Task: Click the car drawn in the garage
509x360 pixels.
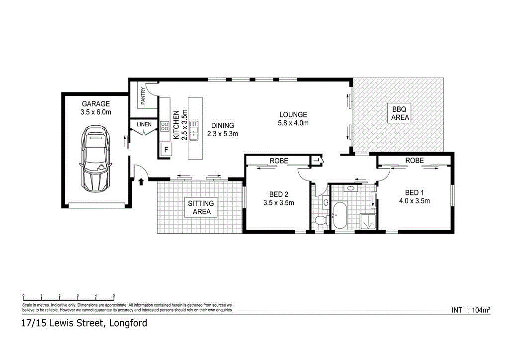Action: pyautogui.click(x=96, y=159)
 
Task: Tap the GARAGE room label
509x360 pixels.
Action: pyautogui.click(x=96, y=104)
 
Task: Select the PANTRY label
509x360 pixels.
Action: pyautogui.click(x=143, y=96)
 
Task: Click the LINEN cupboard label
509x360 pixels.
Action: pyautogui.click(x=144, y=124)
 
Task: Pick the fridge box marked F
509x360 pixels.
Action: pyautogui.click(x=166, y=149)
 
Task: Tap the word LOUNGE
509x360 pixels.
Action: pyautogui.click(x=293, y=114)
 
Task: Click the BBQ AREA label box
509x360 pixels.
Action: pyautogui.click(x=400, y=113)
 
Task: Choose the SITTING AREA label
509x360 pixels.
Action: pyautogui.click(x=201, y=207)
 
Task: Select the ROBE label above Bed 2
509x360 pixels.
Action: pyautogui.click(x=279, y=161)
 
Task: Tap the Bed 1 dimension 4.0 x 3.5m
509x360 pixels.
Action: pyautogui.click(x=414, y=201)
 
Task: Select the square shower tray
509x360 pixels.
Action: pyautogui.click(x=368, y=221)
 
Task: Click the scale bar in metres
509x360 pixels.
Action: pyautogui.click(x=69, y=296)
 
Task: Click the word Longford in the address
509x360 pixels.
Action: pyautogui.click(x=126, y=323)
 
